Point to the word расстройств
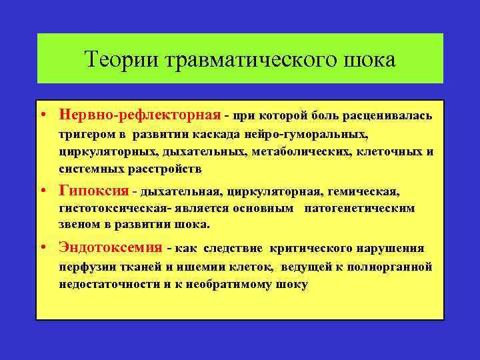click(x=167, y=168)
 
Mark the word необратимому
click(x=222, y=283)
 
